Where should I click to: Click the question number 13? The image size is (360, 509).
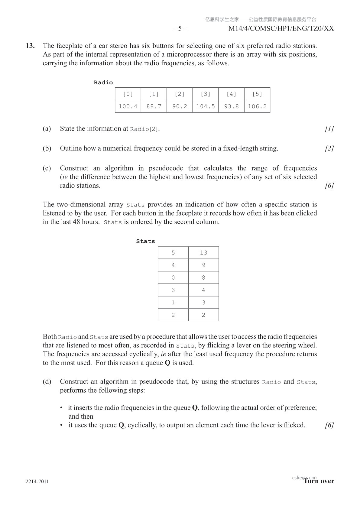tap(30, 46)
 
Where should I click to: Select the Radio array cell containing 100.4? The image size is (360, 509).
tap(128, 106)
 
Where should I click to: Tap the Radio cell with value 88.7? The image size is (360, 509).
tap(154, 106)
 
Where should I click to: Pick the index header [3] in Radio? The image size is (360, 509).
tap(206, 94)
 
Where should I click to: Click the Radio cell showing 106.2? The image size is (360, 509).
tap(257, 106)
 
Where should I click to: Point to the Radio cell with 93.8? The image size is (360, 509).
tap(232, 106)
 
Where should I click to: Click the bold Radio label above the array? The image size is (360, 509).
tap(103, 83)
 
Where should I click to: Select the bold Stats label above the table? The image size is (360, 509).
tap(145, 241)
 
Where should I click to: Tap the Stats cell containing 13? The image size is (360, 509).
tap(203, 253)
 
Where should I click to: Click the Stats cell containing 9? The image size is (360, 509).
tap(203, 265)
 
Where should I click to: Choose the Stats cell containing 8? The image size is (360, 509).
tap(203, 277)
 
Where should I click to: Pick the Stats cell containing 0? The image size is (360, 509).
tap(173, 277)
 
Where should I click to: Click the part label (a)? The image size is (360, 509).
tap(47, 129)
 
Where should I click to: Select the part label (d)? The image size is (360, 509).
tap(47, 382)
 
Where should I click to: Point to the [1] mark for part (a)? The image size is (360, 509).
tap(329, 129)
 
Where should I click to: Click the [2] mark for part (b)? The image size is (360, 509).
tap(329, 148)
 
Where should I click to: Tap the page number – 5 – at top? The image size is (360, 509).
tap(180, 29)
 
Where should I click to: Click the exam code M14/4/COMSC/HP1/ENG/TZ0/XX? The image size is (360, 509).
tap(281, 29)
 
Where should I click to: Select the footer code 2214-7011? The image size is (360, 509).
tap(37, 481)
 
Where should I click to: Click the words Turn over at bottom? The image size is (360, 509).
tap(319, 481)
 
